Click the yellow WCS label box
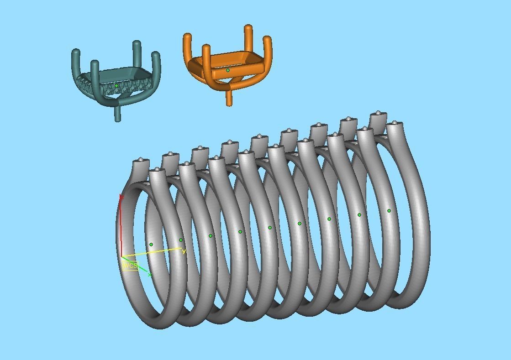tap(130, 266)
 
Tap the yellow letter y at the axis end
tap(184, 251)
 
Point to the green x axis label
tap(150, 275)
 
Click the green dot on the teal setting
tap(116, 85)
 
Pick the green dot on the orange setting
tap(228, 70)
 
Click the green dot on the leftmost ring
tap(151, 245)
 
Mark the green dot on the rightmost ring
tap(389, 211)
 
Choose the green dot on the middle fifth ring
tap(270, 228)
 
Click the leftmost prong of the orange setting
tap(187, 46)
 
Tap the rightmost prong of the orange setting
tap(268, 50)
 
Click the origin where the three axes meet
tap(121, 257)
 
